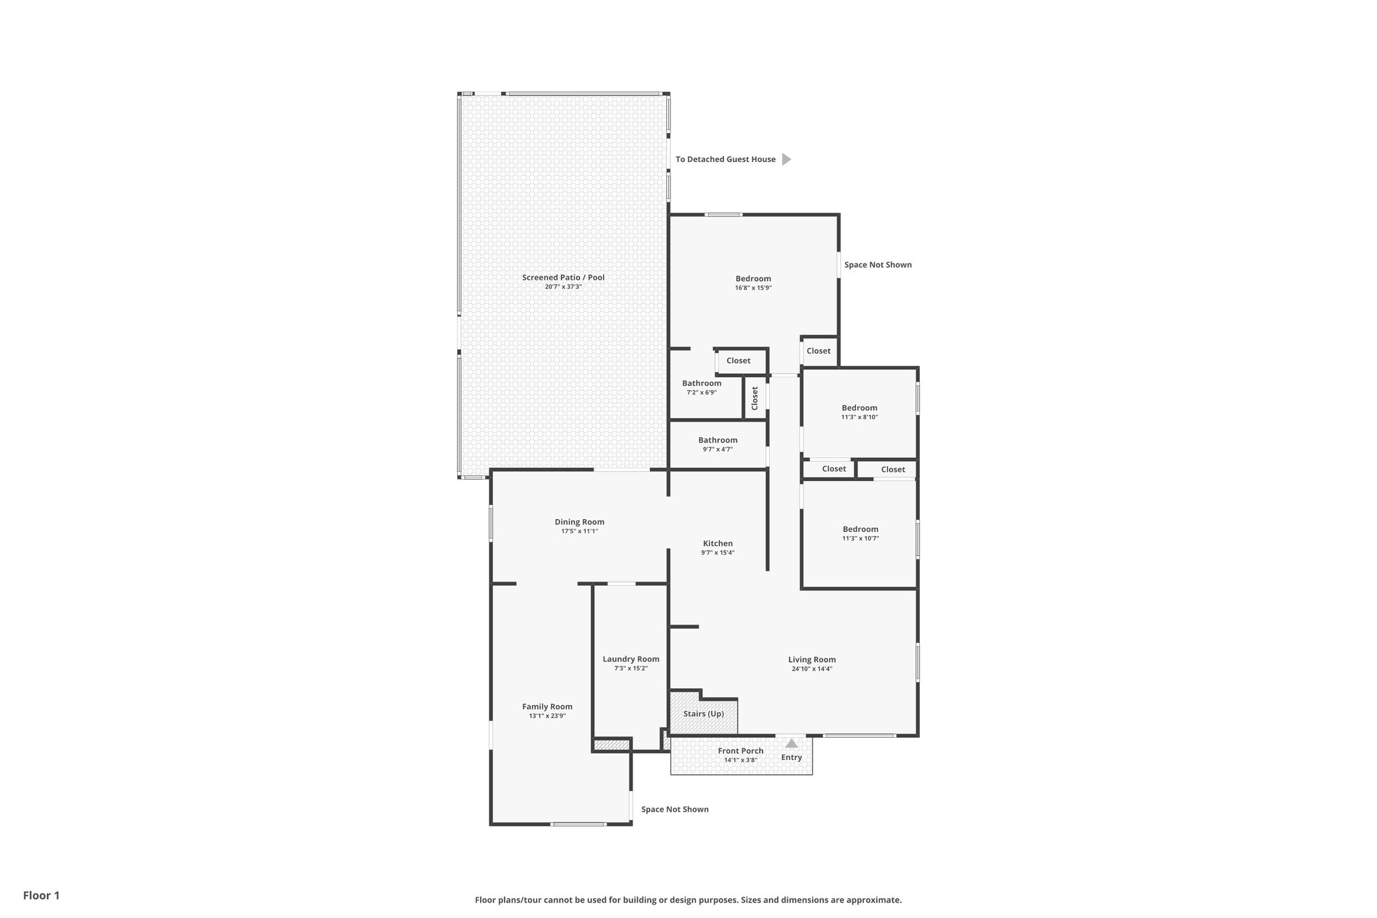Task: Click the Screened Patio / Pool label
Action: click(563, 277)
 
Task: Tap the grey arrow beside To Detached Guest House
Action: click(786, 159)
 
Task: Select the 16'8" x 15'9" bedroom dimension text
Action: click(752, 288)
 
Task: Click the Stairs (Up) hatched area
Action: click(703, 714)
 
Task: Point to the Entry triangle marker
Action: click(791, 744)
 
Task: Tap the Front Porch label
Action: click(740, 751)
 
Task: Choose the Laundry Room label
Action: click(631, 659)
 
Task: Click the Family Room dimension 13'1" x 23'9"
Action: click(547, 716)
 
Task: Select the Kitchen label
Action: click(717, 543)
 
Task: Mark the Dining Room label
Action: click(579, 522)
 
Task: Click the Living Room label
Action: click(812, 660)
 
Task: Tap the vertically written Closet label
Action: click(754, 397)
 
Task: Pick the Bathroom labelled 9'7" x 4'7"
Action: click(717, 441)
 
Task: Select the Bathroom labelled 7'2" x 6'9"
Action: click(701, 383)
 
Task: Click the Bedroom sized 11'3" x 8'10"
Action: click(859, 408)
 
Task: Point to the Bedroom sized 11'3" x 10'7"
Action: click(860, 529)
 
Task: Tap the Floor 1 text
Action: click(41, 896)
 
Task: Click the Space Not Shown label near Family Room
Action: click(674, 810)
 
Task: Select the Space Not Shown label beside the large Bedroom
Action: click(877, 265)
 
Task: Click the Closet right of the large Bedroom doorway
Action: click(818, 351)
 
